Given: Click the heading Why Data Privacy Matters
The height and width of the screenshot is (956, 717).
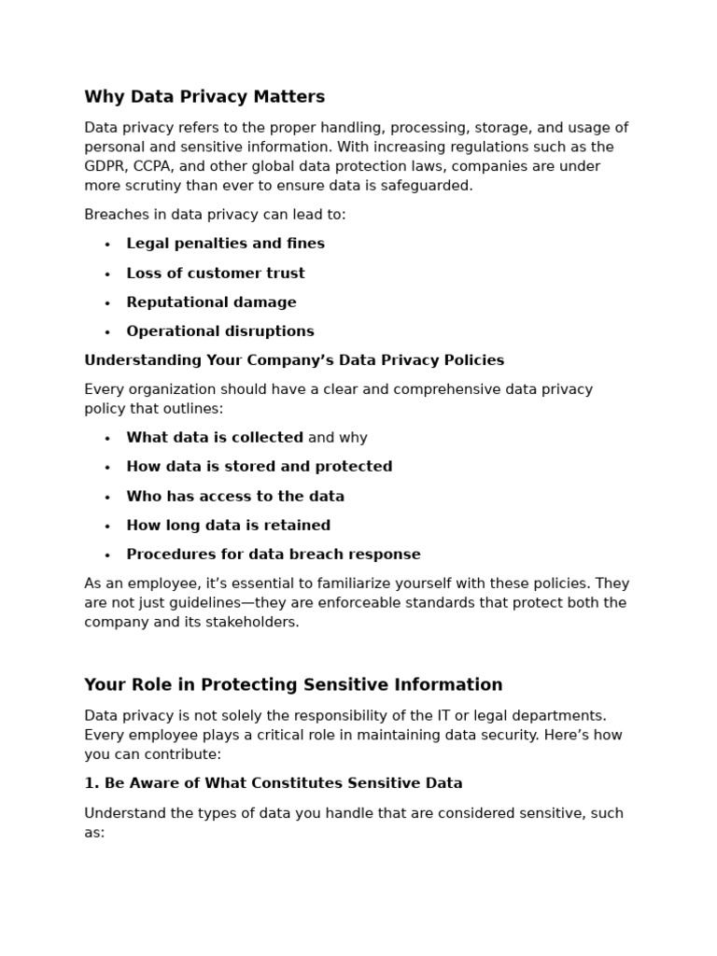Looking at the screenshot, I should click(204, 97).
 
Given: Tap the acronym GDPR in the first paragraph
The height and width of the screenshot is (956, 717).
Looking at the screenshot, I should click(105, 166).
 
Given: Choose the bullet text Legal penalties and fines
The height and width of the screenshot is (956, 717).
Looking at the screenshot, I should click(225, 244).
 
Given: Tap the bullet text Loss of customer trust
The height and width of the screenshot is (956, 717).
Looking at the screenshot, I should click(216, 274).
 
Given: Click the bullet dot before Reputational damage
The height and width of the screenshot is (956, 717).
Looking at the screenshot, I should click(107, 303).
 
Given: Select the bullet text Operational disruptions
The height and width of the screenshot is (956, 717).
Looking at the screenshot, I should click(220, 331).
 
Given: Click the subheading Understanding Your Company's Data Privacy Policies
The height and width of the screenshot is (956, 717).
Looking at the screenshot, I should click(294, 360).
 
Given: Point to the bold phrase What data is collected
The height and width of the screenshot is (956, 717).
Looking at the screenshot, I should click(215, 438).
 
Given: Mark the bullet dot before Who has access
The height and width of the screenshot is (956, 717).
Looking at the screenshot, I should click(107, 498).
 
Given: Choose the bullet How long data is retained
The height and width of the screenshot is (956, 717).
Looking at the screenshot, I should click(228, 526).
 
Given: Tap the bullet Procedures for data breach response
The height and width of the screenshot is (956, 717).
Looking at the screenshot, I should click(274, 555).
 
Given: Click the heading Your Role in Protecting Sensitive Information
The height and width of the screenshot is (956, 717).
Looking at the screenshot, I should click(293, 685).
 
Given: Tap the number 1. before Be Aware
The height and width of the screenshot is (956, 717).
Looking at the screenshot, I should click(91, 783).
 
